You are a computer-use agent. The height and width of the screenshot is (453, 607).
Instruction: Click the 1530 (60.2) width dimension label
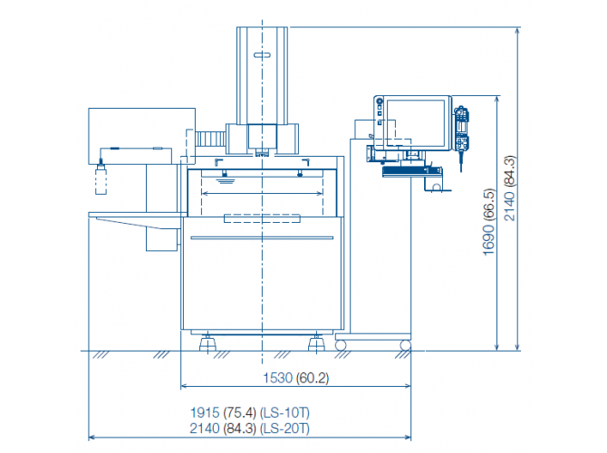(x=295, y=378)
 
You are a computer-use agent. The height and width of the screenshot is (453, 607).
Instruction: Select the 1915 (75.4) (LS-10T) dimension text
(x=250, y=413)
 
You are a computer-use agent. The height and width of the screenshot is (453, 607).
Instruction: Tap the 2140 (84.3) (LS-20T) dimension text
(x=250, y=429)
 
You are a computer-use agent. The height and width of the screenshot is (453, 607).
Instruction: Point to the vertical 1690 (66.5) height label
(x=489, y=222)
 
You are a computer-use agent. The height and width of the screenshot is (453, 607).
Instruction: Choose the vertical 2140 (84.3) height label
(x=510, y=188)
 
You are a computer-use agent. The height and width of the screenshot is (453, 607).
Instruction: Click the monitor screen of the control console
(x=416, y=123)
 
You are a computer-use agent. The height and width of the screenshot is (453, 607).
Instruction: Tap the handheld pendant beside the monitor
(x=461, y=131)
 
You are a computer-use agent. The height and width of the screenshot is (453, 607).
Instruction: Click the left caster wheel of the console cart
(x=341, y=345)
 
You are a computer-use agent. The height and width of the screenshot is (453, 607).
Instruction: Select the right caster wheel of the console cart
(x=405, y=345)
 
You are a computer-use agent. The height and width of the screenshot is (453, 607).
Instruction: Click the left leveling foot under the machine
(x=207, y=342)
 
